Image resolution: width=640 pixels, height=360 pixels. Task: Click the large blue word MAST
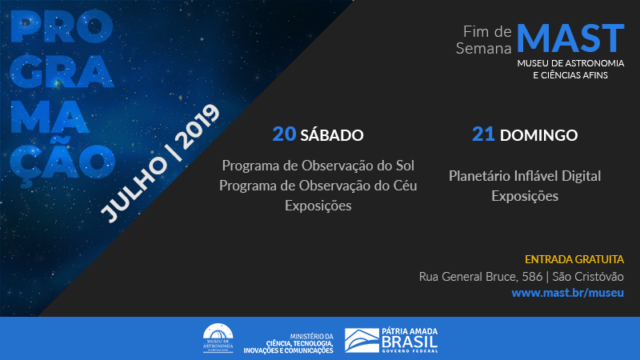click(x=570, y=38)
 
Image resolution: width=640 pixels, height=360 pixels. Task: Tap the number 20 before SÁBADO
click(x=284, y=134)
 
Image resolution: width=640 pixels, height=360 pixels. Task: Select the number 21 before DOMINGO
click(x=483, y=134)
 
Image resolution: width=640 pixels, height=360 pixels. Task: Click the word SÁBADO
click(x=332, y=134)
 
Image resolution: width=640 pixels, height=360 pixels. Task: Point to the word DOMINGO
click(x=538, y=135)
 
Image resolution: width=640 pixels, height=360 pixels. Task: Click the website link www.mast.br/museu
click(x=567, y=293)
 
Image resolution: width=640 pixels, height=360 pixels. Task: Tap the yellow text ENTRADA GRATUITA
click(x=574, y=259)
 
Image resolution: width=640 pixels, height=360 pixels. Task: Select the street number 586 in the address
click(x=532, y=276)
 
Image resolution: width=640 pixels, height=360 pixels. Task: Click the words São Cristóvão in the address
click(x=588, y=276)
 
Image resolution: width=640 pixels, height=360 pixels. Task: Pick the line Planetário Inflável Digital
click(x=525, y=176)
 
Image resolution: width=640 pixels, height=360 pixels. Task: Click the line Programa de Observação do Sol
click(x=318, y=166)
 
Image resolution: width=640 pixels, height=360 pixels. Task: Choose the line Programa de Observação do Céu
click(x=318, y=186)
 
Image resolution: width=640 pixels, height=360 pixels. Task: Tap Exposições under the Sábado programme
click(x=318, y=206)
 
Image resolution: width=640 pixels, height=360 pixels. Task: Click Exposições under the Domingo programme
click(x=525, y=196)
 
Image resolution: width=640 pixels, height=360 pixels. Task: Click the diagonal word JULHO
click(x=134, y=190)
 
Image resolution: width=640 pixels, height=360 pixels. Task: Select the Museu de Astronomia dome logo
click(x=218, y=338)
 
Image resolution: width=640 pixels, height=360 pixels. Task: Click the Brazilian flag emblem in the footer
click(x=362, y=341)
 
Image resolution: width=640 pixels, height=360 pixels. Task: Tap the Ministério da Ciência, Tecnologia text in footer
click(x=289, y=343)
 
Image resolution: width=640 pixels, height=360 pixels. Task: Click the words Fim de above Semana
click(x=487, y=31)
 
